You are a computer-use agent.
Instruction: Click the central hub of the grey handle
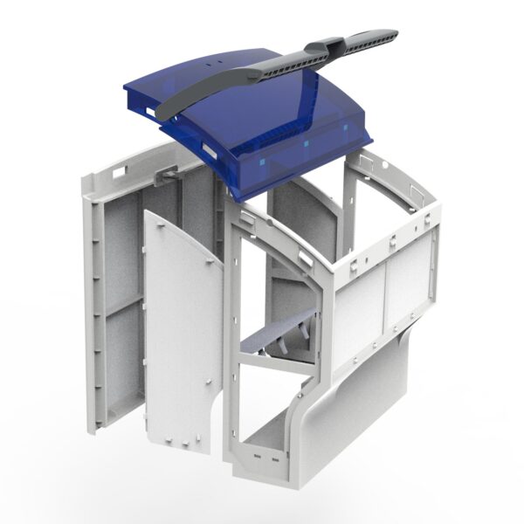(331, 45)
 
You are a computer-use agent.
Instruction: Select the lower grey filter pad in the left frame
(122, 367)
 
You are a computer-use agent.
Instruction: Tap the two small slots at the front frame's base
(265, 457)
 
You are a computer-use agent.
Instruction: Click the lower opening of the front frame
(271, 419)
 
